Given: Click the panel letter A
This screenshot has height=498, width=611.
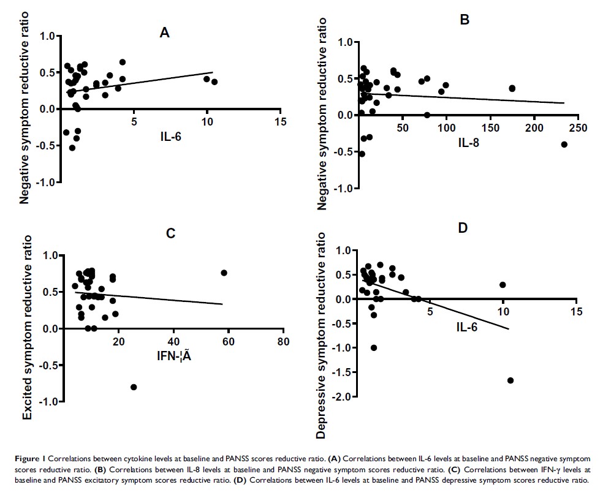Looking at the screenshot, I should coord(164,33).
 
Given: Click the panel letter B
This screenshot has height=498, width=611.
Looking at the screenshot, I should coord(465,20).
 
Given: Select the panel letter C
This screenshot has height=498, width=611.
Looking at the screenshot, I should coord(170,233).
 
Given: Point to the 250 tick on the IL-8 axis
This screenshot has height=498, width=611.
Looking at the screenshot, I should coord(578,127).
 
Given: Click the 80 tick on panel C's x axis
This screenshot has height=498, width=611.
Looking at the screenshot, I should coord(283,341).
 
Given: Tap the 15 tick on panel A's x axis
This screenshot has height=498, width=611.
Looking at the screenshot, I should coord(280,121).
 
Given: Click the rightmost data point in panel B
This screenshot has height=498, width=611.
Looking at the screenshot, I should coord(564,145).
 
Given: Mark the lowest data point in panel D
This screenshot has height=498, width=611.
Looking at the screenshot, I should coord(510,380).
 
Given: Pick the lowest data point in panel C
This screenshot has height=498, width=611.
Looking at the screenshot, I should coord(134,387).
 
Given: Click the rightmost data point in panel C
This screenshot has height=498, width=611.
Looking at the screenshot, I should coord(224,273).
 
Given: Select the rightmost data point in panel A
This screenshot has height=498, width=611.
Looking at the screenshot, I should coord(214,81).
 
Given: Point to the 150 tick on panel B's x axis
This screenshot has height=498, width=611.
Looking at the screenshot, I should coord(490,127).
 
